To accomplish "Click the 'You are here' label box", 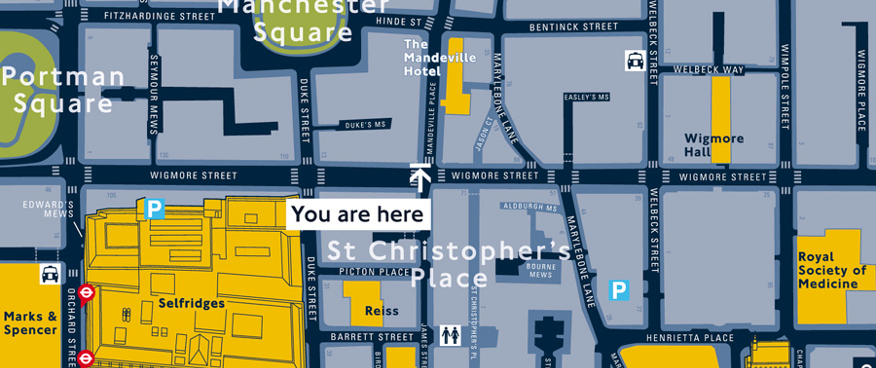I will [358, 214].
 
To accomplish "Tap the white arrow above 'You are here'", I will [420, 177].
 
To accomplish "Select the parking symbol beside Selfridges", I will [154, 209].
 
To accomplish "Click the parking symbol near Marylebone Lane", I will [618, 290].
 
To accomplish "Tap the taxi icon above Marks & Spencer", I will [50, 274].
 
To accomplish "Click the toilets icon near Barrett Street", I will [450, 336].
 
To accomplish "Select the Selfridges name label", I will [191, 303].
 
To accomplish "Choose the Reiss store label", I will [381, 311].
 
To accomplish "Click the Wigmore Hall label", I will [714, 145].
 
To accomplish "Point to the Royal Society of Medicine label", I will [831, 270].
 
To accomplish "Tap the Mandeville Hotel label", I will [439, 57].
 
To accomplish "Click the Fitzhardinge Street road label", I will [159, 16].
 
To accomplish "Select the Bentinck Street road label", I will [574, 27].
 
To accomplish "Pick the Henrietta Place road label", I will [690, 338].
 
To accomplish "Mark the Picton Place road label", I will [374, 272].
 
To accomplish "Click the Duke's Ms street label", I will [365, 125].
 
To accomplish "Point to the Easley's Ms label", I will [586, 97].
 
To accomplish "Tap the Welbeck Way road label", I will [708, 70].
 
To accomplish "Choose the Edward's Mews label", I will [48, 209].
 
